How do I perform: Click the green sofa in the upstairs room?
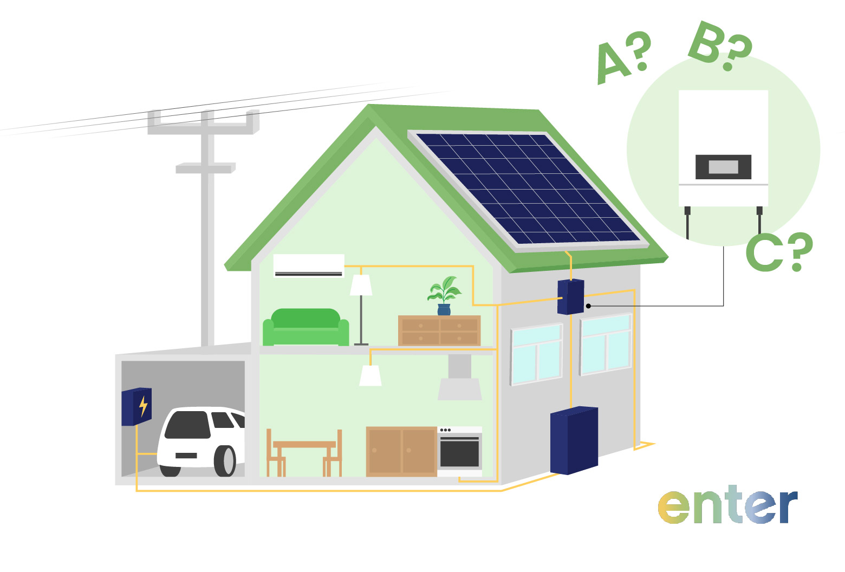pyautogui.click(x=305, y=328)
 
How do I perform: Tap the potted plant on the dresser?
pyautogui.click(x=444, y=296)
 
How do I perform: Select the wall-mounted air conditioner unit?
pyautogui.click(x=309, y=266)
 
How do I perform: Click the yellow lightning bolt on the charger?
pyautogui.click(x=143, y=406)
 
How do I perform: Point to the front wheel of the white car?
pyautogui.click(x=225, y=461)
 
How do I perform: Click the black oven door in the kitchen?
pyautogui.click(x=459, y=452)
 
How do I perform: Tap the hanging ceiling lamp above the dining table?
pyautogui.click(x=370, y=375)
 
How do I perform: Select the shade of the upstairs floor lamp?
pyautogui.click(x=361, y=285)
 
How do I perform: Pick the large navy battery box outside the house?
pyautogui.click(x=574, y=440)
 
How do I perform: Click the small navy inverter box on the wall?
pyautogui.click(x=570, y=297)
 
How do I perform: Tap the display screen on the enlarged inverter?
pyautogui.click(x=723, y=167)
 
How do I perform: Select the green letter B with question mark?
pyautogui.click(x=720, y=45)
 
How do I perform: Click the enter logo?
pyautogui.click(x=727, y=504)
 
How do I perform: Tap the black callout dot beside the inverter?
pyautogui.click(x=588, y=306)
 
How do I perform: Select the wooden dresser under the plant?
pyautogui.click(x=439, y=330)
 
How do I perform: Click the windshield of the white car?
pyautogui.click(x=187, y=425)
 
